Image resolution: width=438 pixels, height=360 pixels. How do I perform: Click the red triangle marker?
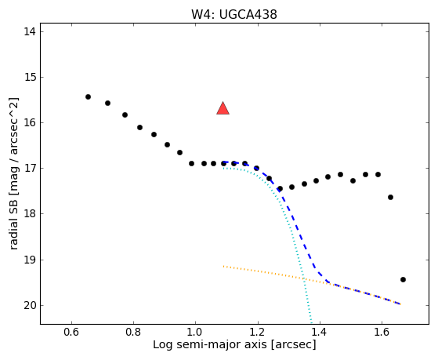pos(223,108)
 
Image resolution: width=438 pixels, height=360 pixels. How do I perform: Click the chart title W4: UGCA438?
pos(234,15)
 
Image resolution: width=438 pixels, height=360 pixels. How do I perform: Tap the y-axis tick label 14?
pos(30,31)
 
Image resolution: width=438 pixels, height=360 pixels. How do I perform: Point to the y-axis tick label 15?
pos(30,77)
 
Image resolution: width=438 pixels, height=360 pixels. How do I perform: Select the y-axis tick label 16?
pos(30,122)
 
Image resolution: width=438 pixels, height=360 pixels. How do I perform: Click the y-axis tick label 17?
pos(30,168)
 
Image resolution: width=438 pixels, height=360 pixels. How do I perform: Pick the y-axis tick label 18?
pos(30,213)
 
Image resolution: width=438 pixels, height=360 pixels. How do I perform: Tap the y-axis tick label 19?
pos(30,260)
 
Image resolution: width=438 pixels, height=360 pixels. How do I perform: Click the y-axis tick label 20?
pos(30,305)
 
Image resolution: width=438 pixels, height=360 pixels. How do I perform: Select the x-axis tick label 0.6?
pos(71,333)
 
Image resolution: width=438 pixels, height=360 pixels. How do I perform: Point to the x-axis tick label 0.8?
pos(133,333)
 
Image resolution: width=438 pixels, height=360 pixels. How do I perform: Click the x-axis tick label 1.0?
pos(195,333)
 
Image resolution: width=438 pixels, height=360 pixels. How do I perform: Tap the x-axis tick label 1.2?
pos(258,333)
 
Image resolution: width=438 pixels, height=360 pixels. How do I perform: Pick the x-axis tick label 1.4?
pos(320,333)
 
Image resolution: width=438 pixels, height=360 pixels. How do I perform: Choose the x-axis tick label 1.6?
pos(382,333)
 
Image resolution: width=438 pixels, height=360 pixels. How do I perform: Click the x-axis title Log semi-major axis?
pos(210,344)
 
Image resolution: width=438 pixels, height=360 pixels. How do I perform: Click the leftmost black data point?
pos(88,96)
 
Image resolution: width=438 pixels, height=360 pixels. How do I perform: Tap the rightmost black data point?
pos(403,279)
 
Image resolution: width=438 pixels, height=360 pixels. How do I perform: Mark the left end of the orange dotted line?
pos(223,267)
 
